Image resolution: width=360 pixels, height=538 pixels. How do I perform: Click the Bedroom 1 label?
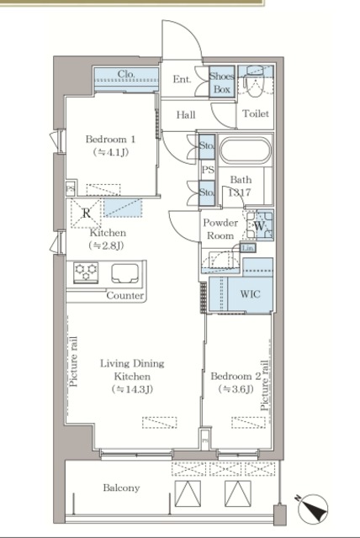coord(110,140)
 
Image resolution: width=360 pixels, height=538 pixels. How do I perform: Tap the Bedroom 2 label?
coord(236,377)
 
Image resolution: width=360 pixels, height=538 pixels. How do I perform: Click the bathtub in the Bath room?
coord(246,150)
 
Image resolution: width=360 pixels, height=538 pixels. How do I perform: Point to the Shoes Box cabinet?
coord(222,82)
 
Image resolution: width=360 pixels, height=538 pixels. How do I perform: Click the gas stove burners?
coord(86,272)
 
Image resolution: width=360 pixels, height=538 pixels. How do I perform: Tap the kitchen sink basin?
coord(125,273)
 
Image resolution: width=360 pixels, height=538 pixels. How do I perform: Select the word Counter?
coord(125,296)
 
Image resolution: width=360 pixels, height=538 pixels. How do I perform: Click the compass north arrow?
coord(313,509)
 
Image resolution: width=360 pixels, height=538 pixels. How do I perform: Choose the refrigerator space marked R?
coord(86,213)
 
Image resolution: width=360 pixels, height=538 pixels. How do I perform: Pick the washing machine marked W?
coord(260,225)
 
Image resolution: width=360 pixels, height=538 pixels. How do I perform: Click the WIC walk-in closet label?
coord(250,294)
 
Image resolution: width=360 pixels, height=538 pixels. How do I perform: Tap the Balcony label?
coord(121,488)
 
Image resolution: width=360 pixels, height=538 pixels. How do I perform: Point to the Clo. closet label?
coord(126,74)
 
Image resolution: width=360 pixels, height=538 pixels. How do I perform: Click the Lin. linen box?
coord(248,248)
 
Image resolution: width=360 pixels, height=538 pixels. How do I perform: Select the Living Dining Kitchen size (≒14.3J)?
coord(132,389)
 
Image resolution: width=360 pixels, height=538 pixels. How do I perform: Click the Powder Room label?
coord(220,229)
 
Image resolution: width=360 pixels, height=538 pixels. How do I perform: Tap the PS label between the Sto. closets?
coord(208,170)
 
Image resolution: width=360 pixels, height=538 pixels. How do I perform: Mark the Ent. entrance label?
coord(182,80)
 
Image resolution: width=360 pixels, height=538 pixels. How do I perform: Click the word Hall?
coord(186,114)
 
